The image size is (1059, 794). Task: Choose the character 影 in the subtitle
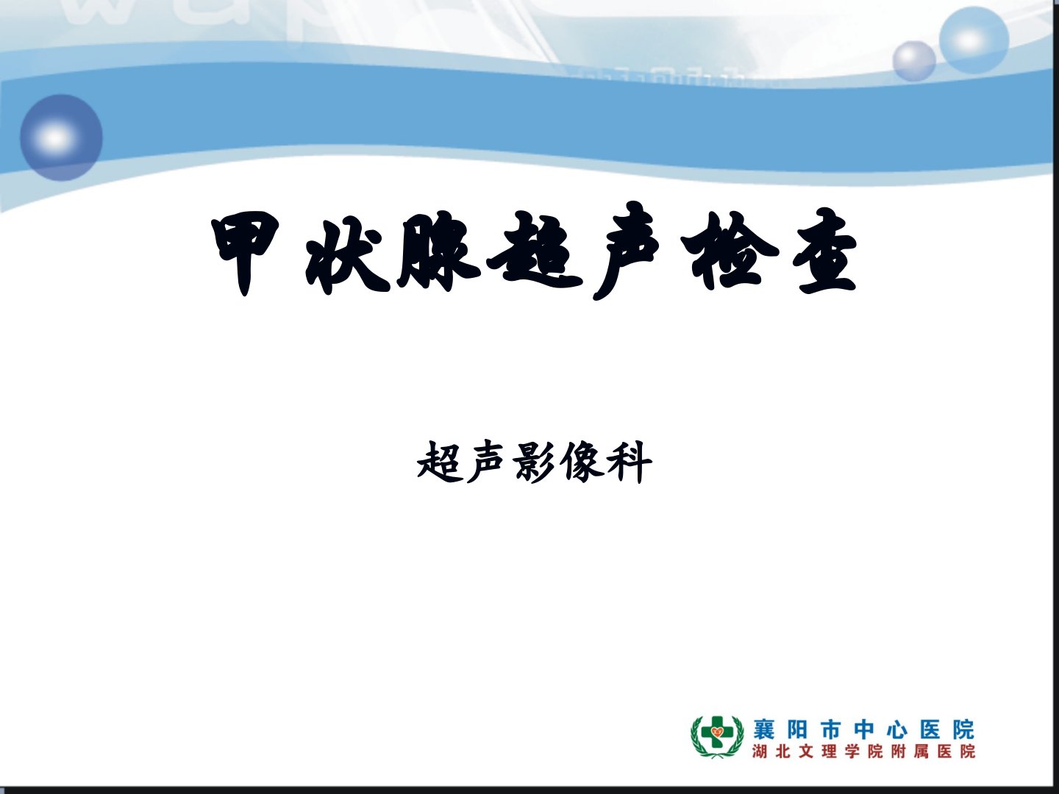click(535, 462)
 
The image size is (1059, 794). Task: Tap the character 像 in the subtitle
click(582, 462)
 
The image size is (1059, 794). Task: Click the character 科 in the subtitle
click(630, 462)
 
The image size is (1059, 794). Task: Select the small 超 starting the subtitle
click(438, 462)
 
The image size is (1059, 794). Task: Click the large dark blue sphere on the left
click(61, 138)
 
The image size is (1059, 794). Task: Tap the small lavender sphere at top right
click(914, 61)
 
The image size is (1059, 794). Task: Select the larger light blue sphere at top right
click(974, 40)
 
